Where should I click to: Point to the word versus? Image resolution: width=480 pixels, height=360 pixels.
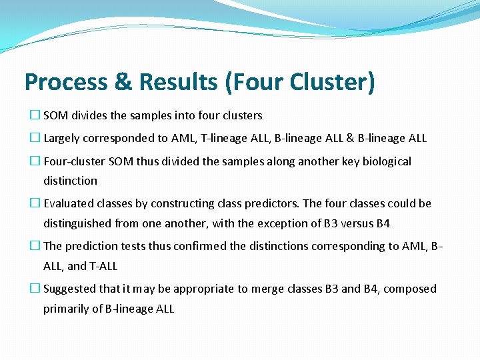[x=341, y=223]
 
